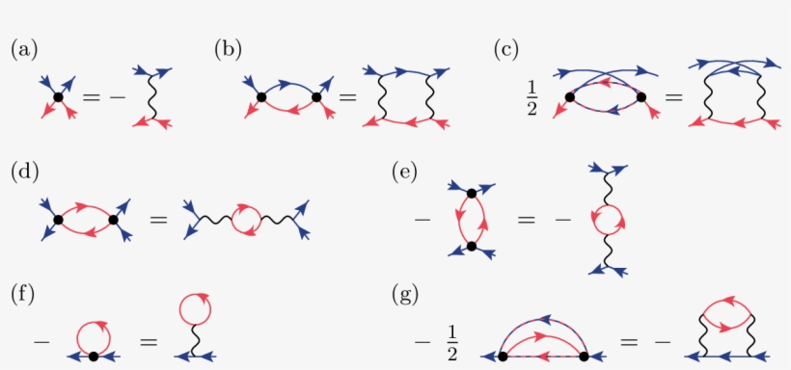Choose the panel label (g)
pyautogui.click(x=404, y=291)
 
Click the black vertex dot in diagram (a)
pyautogui.click(x=58, y=96)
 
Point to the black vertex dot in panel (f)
pyautogui.click(x=93, y=357)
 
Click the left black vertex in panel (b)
pyautogui.click(x=260, y=96)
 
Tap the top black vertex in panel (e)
pyautogui.click(x=471, y=194)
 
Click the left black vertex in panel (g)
pyautogui.click(x=503, y=357)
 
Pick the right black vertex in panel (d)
pyautogui.click(x=114, y=221)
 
